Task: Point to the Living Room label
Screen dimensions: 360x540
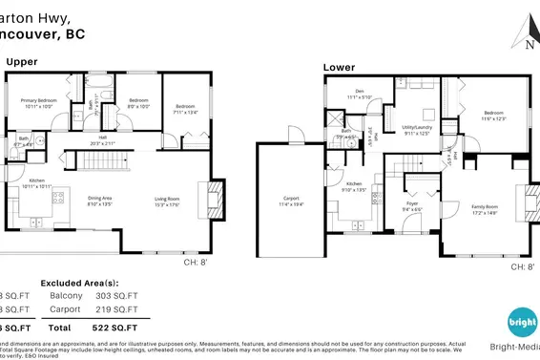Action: click(x=167, y=201)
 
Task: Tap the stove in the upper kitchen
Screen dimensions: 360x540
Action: click(x=58, y=200)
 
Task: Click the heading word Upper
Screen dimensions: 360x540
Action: click(x=22, y=61)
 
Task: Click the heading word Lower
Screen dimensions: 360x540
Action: click(x=339, y=68)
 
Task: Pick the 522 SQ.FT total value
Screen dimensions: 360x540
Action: click(x=135, y=327)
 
